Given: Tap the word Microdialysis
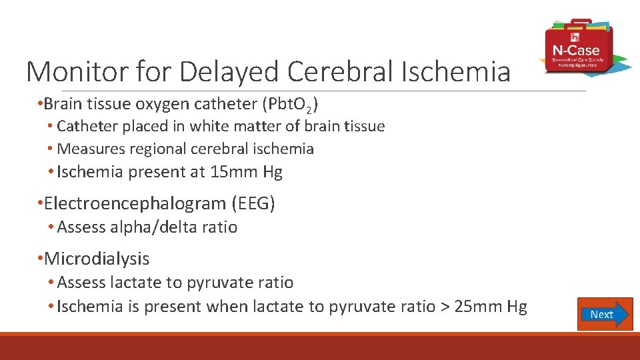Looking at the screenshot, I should (97, 259).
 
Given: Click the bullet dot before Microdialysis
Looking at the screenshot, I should (41, 259).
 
